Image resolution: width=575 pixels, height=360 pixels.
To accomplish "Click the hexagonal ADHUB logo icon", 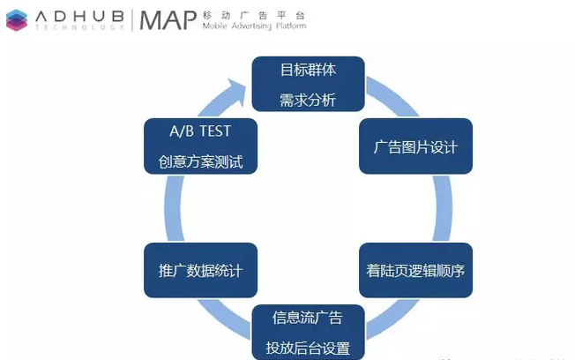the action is pos(17,20).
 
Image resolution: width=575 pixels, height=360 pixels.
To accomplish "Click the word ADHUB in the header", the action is pos(79,17).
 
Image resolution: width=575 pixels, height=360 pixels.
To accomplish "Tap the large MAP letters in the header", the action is pos(168,20).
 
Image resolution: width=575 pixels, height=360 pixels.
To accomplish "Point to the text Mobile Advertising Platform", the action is pos(254,26).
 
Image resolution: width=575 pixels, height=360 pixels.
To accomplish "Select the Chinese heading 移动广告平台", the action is pos(254,15).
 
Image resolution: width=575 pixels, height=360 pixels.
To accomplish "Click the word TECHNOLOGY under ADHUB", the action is pos(79,27).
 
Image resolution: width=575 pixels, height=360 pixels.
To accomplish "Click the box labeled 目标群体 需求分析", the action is pos(308,84).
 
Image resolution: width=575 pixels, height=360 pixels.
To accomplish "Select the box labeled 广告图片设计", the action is pos(415,146).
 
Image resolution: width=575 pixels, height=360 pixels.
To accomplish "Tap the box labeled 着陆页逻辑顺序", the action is pos(415,270).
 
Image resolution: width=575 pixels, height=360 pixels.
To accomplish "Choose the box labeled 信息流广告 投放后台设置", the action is pos(308,332).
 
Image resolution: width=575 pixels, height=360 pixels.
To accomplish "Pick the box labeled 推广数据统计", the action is pos(200,270).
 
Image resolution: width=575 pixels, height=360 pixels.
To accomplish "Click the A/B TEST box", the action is pos(200,146).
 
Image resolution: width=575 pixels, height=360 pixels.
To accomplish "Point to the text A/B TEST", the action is pos(200,131).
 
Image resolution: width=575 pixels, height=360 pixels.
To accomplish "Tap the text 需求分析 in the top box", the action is pos(308,100).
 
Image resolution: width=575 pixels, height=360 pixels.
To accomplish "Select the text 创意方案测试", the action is pos(200,161).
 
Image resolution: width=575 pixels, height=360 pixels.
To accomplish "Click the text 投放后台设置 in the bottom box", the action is pos(308,348).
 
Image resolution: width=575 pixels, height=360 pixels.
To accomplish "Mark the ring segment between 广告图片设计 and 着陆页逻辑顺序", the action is pos(443,208).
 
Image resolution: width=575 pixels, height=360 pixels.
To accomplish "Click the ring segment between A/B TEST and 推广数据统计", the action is pos(174,208).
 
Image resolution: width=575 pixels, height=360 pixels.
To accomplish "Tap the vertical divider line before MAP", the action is pos(132,20).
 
